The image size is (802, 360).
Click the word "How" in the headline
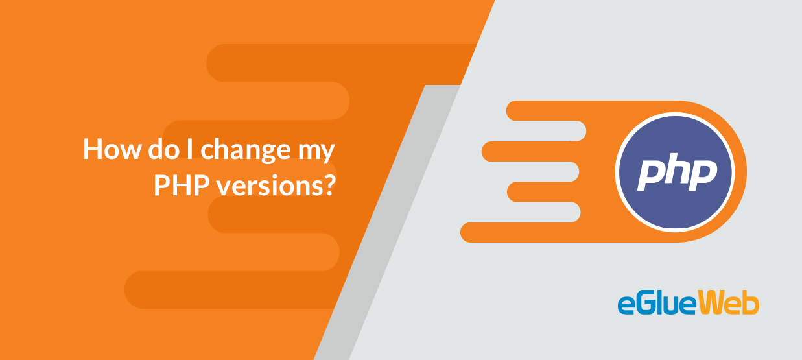click(x=112, y=149)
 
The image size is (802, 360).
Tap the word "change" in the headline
click(x=246, y=150)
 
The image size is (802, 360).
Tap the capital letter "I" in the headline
click(x=190, y=149)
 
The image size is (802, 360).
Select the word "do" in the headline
click(x=163, y=149)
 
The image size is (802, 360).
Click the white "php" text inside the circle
click(x=678, y=172)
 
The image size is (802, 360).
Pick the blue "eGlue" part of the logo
click(x=657, y=304)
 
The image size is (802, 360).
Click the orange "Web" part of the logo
click(x=728, y=304)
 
